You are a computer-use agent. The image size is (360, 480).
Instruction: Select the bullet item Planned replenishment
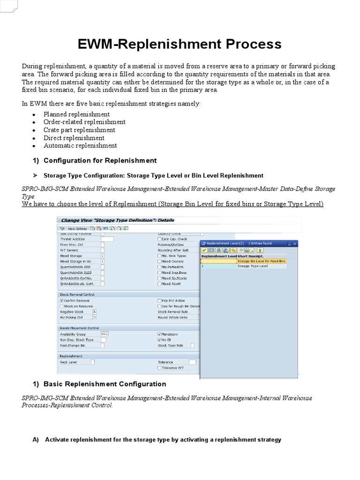[76, 114]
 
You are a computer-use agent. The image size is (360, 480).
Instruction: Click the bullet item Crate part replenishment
[79, 130]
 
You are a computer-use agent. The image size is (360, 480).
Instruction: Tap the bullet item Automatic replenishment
[80, 146]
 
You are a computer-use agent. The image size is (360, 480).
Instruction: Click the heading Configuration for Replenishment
[100, 160]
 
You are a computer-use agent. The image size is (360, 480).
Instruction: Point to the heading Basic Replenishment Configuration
[105, 384]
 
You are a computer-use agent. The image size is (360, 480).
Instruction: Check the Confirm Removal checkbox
[61, 300]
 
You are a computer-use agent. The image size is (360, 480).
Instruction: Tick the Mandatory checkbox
[159, 334]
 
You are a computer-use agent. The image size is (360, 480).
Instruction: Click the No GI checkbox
[159, 340]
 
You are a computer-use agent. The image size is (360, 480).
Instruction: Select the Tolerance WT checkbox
[159, 368]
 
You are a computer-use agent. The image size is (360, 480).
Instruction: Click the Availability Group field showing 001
[105, 334]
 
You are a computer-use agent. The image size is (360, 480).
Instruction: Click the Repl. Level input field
[92, 362]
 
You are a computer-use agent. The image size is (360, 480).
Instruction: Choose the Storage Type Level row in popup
[252, 266]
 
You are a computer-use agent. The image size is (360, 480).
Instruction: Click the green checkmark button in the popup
[204, 250]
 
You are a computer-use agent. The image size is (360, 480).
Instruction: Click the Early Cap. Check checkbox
[159, 239]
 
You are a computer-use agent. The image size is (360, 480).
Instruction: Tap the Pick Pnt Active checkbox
[159, 300]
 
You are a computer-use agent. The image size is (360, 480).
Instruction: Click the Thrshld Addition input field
[107, 239]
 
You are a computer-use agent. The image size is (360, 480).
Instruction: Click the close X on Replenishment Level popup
[294, 243]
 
